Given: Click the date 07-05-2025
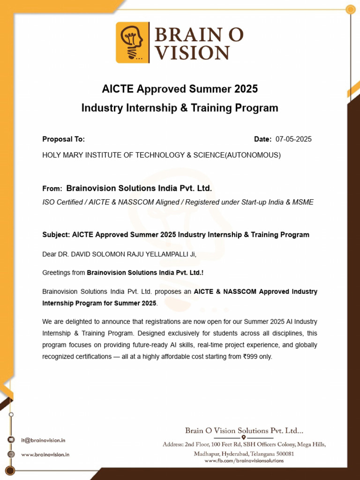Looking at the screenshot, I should coord(293,139).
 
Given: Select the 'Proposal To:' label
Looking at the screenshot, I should coord(64,139).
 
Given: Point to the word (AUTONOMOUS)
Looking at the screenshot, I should coord(253,155).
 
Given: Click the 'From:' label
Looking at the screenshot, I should coord(52,188).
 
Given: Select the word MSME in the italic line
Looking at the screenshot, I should coord(303,202).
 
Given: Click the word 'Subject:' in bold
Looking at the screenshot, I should coord(56,235).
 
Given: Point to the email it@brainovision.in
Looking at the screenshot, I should coord(43,440).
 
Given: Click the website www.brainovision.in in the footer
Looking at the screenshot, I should coord(45,455).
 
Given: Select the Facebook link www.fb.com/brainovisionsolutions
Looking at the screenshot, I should coord(244,461).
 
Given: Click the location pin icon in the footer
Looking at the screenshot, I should coord(244,437).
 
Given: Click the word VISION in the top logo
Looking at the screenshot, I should coord(193,52).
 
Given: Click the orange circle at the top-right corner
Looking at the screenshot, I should coord(350,9).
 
